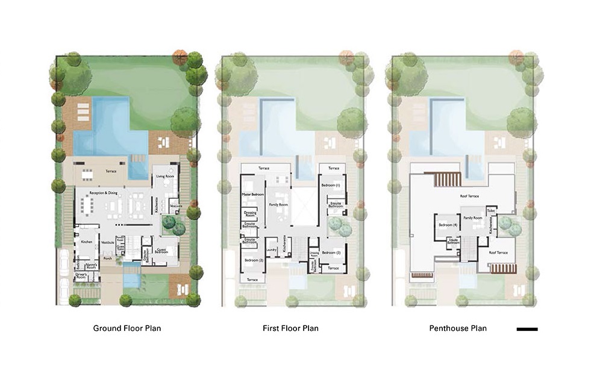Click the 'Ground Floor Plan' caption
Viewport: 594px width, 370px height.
point(127,328)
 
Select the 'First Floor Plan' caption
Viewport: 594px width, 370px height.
point(290,328)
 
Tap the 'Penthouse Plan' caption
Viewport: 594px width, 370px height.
point(458,328)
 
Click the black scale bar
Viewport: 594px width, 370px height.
point(527,330)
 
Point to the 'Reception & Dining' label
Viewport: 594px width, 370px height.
point(102,193)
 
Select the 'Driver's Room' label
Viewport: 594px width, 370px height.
point(82,275)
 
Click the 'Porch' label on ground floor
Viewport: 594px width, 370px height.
point(107,259)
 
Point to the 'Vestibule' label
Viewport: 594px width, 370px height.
point(108,242)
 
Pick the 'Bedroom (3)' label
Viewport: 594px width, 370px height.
point(331,252)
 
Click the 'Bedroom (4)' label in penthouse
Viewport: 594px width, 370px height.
point(445,225)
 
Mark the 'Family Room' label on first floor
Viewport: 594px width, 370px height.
point(278,205)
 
